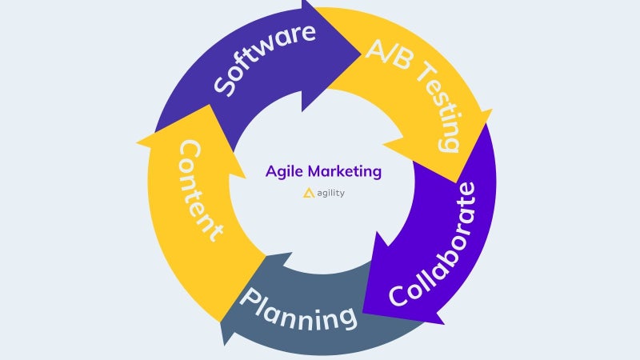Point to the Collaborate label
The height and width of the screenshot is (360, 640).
point(434,245)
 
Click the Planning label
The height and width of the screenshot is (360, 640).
point(298,310)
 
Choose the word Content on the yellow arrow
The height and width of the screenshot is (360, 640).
point(200,190)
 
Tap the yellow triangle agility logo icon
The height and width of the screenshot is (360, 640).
point(309,193)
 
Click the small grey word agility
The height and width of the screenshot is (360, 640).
point(330,193)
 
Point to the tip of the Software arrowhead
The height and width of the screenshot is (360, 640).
point(361,53)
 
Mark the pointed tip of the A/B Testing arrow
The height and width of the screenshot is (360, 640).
point(456,182)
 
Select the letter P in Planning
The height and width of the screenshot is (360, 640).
point(250,298)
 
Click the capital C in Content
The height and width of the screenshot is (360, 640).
point(190,150)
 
